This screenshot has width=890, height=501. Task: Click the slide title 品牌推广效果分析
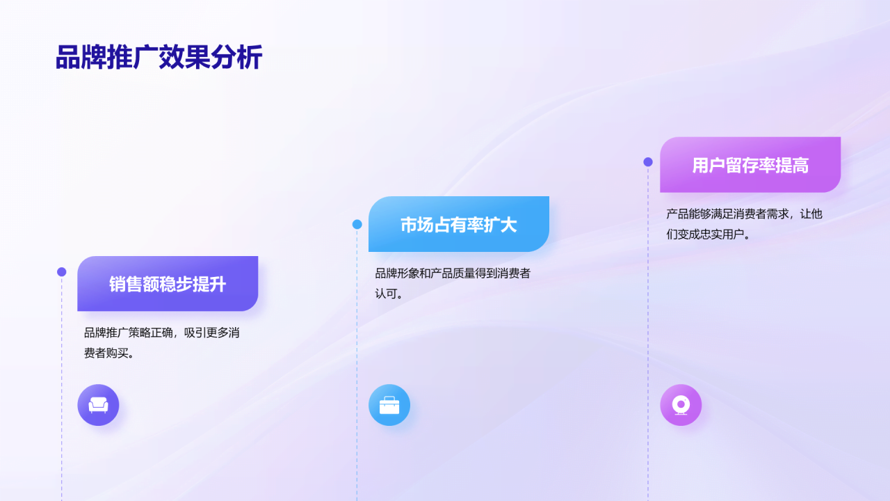point(159,58)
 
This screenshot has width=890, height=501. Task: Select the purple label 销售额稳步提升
point(168,284)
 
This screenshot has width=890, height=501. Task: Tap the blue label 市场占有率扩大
point(459,225)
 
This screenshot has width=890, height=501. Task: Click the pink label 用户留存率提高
point(750,165)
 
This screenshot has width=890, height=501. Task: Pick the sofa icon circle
point(98,405)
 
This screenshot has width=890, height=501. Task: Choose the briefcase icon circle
point(389,405)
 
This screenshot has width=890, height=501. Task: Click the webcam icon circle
point(681,405)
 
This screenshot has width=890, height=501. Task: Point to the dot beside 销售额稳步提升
point(62,272)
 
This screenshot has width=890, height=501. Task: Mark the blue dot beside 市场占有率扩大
point(357,224)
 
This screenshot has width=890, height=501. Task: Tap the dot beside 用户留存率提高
point(648,162)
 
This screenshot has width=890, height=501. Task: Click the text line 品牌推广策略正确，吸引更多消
point(162,333)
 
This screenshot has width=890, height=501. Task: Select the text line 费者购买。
point(109,353)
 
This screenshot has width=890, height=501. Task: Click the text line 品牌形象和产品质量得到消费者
point(453,273)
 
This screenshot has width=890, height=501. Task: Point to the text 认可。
point(389,294)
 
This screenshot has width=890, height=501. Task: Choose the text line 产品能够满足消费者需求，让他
point(744,214)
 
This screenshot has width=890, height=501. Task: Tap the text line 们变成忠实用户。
point(709,234)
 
